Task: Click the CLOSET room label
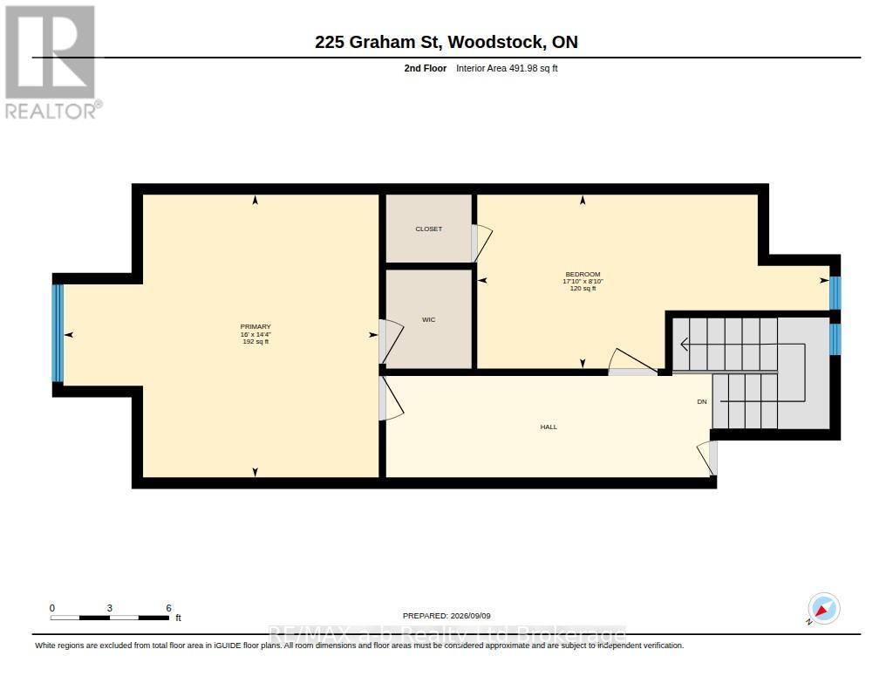click(428, 229)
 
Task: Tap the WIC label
click(428, 319)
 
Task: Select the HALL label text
click(549, 427)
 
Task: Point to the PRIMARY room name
click(256, 327)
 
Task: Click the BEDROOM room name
click(583, 274)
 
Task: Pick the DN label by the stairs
click(702, 401)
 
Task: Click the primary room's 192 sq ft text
click(256, 342)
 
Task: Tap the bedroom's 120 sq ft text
click(583, 289)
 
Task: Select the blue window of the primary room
click(58, 333)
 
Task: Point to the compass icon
click(823, 609)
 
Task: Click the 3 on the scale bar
click(109, 608)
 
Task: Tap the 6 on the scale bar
click(168, 608)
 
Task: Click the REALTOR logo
click(51, 62)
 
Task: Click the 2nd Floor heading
click(426, 68)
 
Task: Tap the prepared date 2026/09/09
click(470, 616)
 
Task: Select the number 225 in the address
click(329, 42)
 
